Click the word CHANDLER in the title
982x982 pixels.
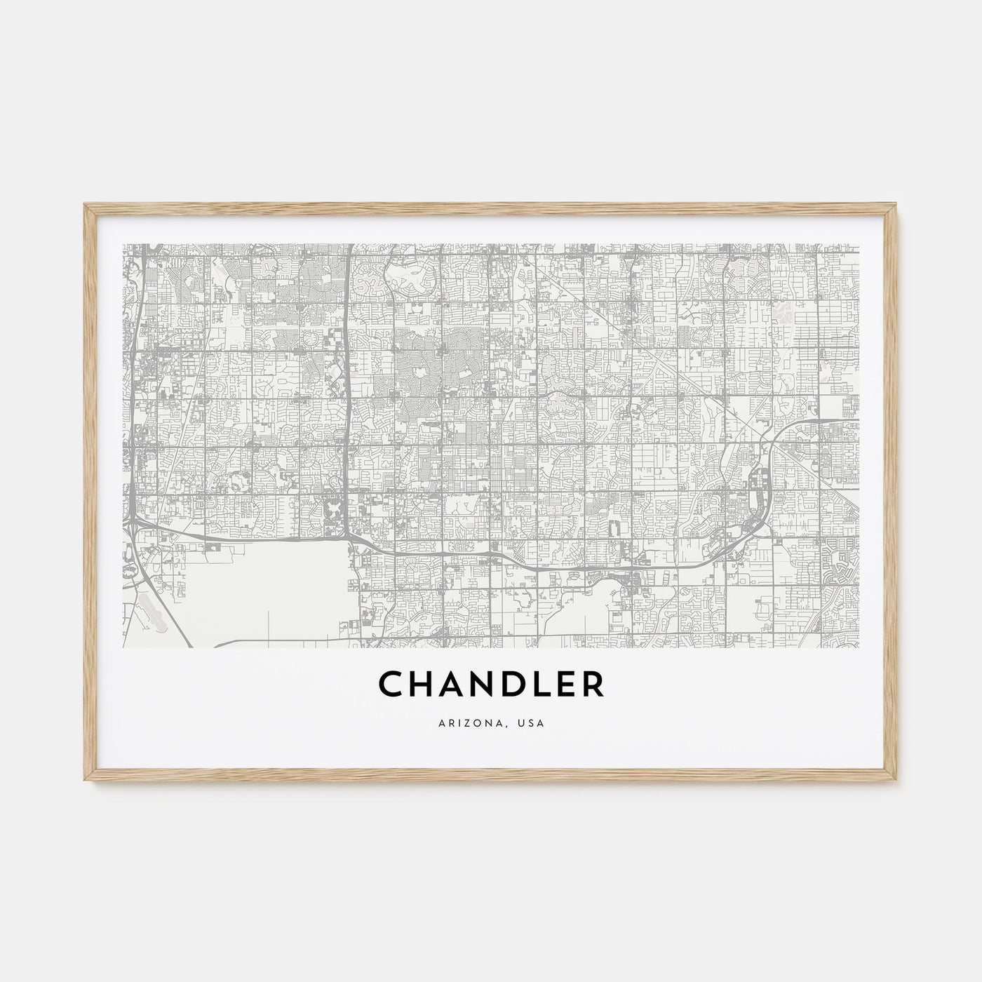(491, 685)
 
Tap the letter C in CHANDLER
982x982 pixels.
(389, 685)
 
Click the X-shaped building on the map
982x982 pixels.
(335, 506)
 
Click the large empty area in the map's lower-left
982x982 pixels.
(267, 582)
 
